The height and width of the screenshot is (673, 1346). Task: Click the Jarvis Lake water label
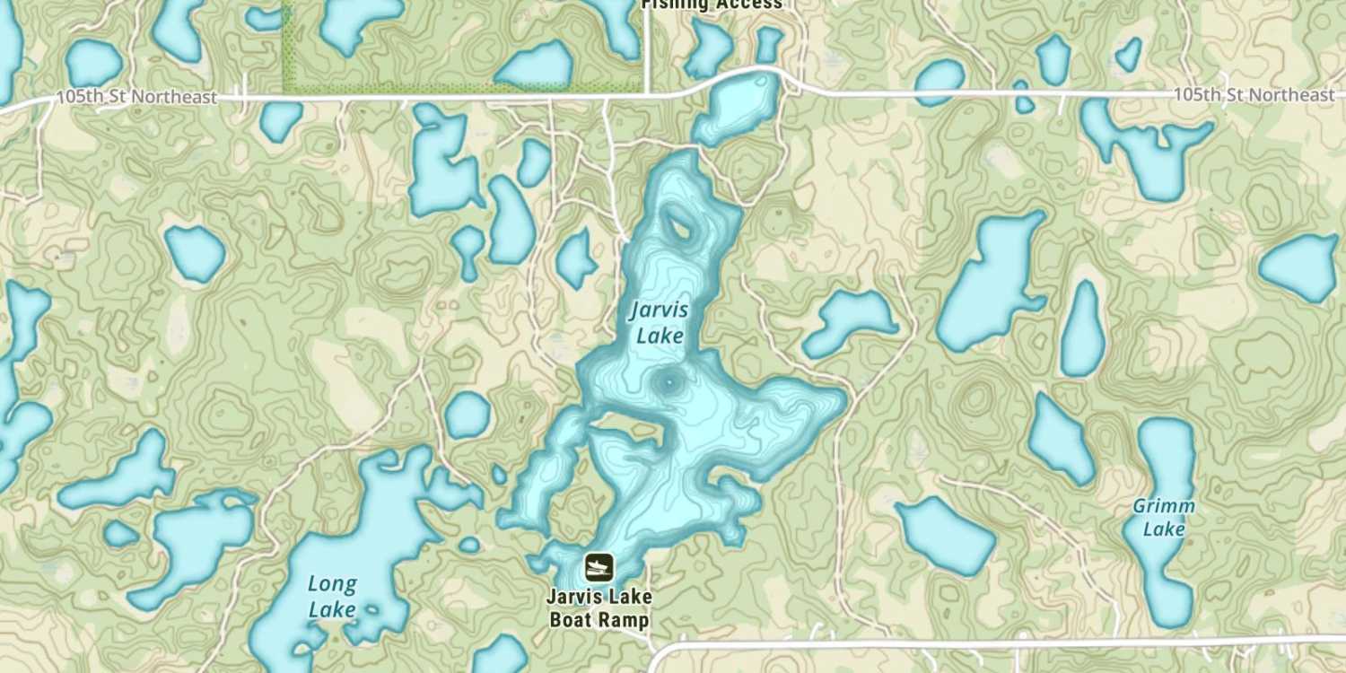click(660, 323)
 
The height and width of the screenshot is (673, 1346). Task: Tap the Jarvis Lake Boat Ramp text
click(599, 607)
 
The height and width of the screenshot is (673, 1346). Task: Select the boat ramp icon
click(599, 566)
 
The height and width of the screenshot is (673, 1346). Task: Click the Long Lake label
click(332, 597)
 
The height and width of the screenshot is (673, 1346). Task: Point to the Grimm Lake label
click(1164, 517)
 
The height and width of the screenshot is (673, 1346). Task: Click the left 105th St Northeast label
click(136, 97)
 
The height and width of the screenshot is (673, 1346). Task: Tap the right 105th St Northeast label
click(1254, 94)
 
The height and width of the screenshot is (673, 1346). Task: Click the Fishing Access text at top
click(712, 4)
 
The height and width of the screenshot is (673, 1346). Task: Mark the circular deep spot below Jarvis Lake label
click(669, 385)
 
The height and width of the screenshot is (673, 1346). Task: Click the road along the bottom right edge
click(987, 642)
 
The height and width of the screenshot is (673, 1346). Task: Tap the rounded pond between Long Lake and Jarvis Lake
click(468, 415)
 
